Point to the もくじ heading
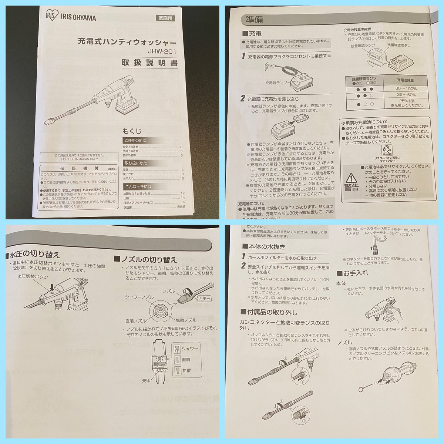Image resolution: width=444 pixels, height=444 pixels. tap(132, 131)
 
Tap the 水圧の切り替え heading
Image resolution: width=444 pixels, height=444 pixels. tap(35, 255)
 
